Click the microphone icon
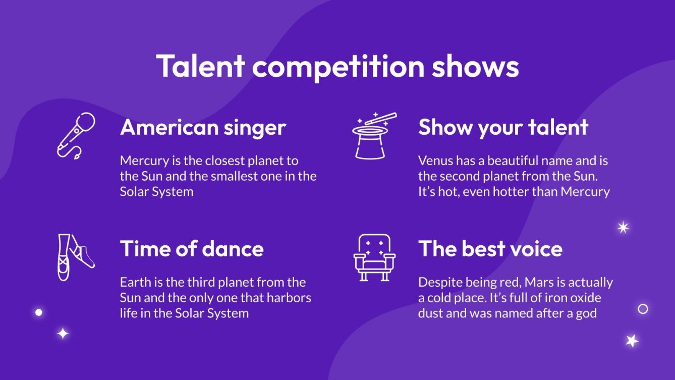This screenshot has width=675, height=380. pos(76,135)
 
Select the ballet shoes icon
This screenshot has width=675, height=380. pos(75,257)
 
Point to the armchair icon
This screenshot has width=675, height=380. pos(374,257)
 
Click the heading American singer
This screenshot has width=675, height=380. pos(203,127)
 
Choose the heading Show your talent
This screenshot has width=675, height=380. pos(503,127)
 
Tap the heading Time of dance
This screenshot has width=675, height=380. pos(192,249)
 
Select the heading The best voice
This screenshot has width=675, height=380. pos(490,249)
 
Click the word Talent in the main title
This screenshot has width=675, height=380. pos(201,66)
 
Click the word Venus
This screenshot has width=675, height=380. pos(435,161)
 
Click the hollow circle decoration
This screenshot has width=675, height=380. pos(643,309)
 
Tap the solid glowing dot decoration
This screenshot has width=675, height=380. pos(38,312)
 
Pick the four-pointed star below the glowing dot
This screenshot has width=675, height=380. pos(63,334)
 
